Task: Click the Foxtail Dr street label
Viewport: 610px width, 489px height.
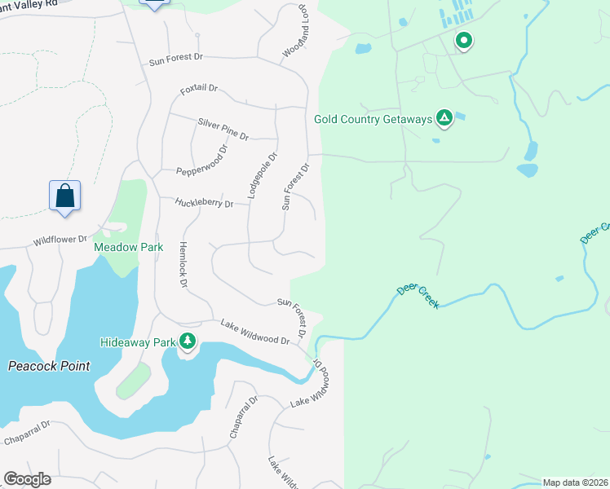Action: tap(199, 88)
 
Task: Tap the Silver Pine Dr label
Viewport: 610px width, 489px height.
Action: tap(223, 128)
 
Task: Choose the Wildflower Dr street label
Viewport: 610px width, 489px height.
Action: tap(60, 240)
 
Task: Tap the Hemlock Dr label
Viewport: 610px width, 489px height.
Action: tap(183, 265)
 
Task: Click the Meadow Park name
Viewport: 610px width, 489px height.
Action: tap(128, 247)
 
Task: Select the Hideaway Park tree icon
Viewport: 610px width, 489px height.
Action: tap(188, 341)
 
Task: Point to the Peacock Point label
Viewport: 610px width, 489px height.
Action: tap(49, 366)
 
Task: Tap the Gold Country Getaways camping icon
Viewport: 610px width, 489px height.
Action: tap(444, 119)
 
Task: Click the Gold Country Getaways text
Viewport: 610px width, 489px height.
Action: tap(373, 120)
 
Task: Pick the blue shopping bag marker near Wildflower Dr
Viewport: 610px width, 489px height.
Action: tap(65, 196)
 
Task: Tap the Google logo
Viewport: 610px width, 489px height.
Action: tap(27, 479)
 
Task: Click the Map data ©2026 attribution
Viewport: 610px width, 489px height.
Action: tap(575, 482)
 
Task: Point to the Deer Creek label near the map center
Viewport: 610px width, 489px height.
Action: tap(418, 296)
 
